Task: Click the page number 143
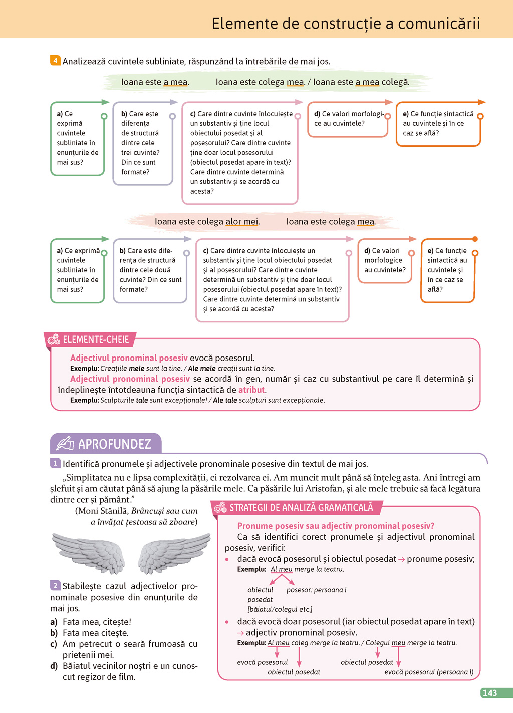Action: (489, 693)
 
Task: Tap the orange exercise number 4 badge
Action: (55, 61)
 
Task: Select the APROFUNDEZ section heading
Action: (114, 444)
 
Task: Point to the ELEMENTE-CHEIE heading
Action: (96, 340)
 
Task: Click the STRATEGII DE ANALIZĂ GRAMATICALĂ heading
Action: (301, 508)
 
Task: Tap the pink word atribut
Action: (251, 390)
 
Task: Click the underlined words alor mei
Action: (242, 221)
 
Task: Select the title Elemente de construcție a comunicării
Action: (346, 23)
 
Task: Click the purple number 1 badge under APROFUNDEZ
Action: (55, 463)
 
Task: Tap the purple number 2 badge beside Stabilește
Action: (55, 585)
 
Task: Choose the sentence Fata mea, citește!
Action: (96, 622)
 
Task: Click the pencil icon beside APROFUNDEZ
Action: (65, 444)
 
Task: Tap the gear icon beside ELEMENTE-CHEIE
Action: (54, 340)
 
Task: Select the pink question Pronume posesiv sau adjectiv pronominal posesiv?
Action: (336, 526)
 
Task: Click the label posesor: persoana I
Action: (316, 590)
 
